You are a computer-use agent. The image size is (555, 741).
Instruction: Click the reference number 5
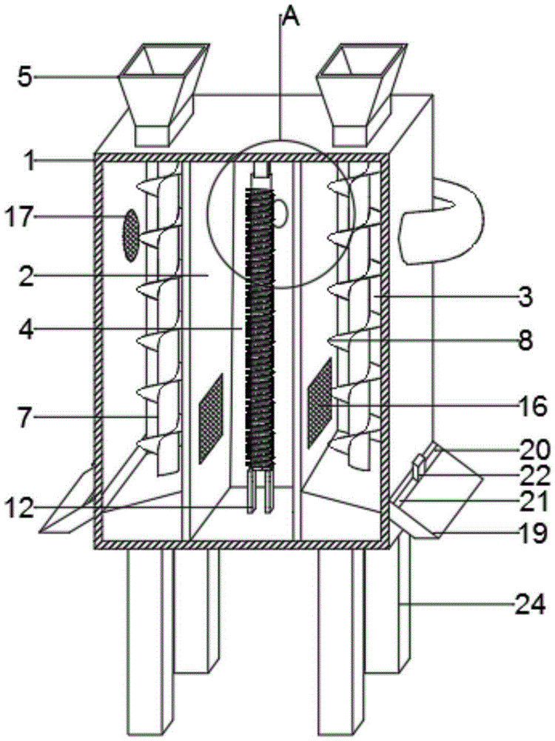pos(26,78)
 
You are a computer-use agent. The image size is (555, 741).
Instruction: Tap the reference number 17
pos(18,218)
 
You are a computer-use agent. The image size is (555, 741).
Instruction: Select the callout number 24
pos(531,605)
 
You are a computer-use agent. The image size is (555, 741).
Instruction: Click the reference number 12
pos(19,508)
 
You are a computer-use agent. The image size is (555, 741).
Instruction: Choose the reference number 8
pos(525,340)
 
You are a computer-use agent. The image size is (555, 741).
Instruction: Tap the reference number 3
pos(524,297)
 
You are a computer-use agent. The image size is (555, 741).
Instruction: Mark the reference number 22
pos(535,476)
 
